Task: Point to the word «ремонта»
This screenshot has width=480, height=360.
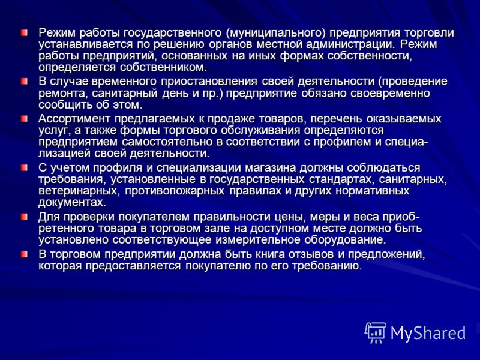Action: coord(63,93)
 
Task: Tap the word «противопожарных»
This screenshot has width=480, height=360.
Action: coord(175,191)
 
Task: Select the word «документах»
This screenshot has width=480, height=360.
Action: coord(73,202)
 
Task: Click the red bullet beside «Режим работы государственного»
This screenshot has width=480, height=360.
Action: coord(24,32)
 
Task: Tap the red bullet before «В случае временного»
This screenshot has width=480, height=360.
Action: coord(24,82)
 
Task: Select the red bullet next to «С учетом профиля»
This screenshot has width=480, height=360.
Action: coord(24,168)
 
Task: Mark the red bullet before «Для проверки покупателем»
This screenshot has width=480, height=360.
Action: coord(24,217)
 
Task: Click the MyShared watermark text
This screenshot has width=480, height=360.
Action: coord(428,333)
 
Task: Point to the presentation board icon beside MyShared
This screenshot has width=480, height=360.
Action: coord(376,332)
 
